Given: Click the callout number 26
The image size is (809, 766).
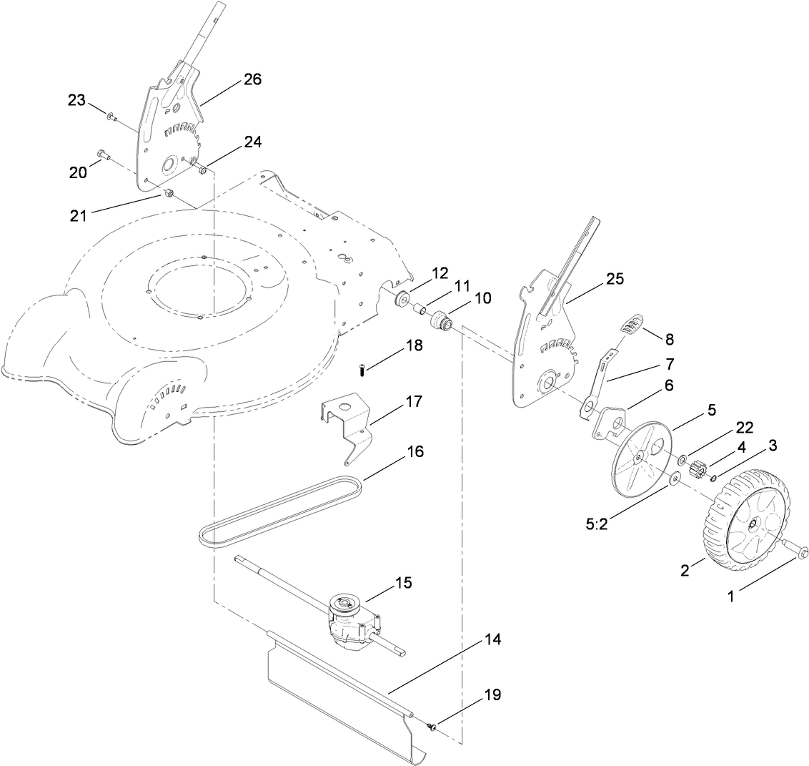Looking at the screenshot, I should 252,79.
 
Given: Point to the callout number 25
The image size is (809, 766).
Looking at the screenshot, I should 614,280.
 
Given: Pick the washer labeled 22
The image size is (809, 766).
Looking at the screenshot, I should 683,458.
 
